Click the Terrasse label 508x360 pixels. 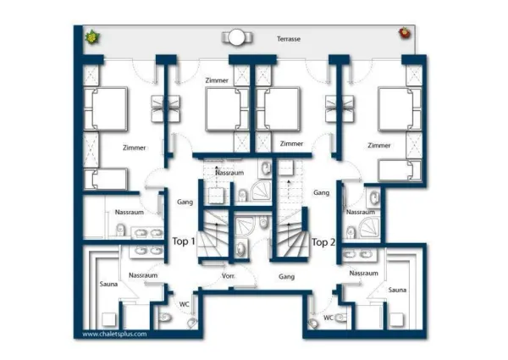pos(289,39)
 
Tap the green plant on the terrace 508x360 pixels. pos(92,37)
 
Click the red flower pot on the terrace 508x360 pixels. pos(405,33)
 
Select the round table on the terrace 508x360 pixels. pos(237,37)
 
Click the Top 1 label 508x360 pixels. pos(184,241)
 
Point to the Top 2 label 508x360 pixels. pos(323,242)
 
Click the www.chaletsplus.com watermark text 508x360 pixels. pos(114,334)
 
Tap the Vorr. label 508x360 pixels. pos(229,276)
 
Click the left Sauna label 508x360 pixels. pos(108,284)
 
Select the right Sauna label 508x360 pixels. pos(397,290)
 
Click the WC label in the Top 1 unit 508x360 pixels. pos(185,304)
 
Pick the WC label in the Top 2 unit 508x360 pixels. pos(329,318)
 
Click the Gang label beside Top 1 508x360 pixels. pos(185,202)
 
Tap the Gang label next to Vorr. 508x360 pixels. pos(287,276)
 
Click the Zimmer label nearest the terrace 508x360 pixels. pos(217,80)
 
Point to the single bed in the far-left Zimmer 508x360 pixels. pos(105,179)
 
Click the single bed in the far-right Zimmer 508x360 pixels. pos(400,170)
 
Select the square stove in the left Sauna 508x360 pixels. pos(109,319)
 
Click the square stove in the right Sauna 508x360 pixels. pos(396,319)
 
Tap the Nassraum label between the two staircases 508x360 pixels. pos(229,173)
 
